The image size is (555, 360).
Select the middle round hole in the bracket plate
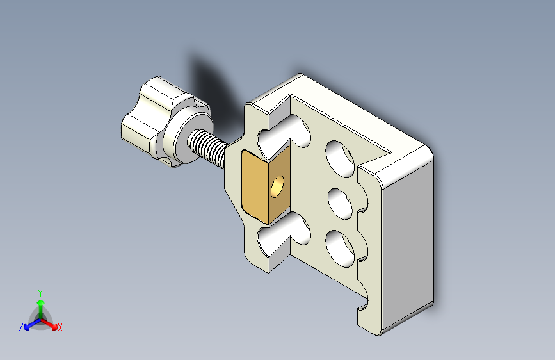coord(341,202)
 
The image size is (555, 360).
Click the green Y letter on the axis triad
coord(40,292)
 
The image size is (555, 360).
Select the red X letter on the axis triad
coord(60,328)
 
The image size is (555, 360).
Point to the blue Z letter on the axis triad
coord(21,327)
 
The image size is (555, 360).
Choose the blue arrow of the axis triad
coord(29,324)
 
